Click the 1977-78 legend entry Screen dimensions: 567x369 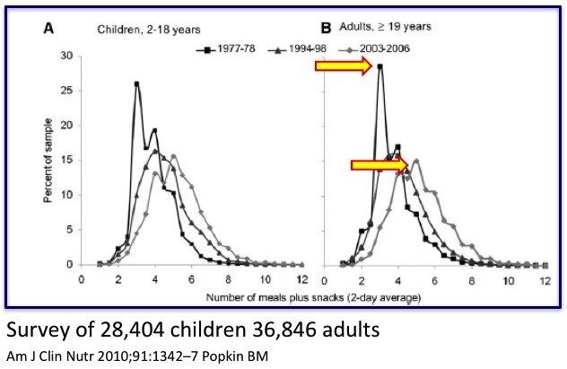pyautogui.click(x=226, y=48)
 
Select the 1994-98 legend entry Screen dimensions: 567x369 pyautogui.click(x=297, y=48)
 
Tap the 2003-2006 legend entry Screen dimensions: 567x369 pyautogui.click(x=374, y=48)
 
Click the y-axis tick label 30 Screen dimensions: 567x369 pyautogui.click(x=67, y=56)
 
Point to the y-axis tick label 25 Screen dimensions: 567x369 pyautogui.click(x=67, y=91)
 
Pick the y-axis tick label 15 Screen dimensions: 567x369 pyautogui.click(x=67, y=161)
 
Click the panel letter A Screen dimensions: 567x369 pyautogui.click(x=48, y=28)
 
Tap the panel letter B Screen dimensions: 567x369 pyautogui.click(x=326, y=28)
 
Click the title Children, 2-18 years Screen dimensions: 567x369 pyautogui.click(x=149, y=30)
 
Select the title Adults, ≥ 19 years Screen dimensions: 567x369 pyautogui.click(x=385, y=27)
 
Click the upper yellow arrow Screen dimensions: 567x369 pyautogui.click(x=344, y=66)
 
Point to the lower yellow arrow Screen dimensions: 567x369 pyautogui.click(x=379, y=165)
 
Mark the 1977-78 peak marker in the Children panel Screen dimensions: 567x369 pyautogui.click(x=136, y=83)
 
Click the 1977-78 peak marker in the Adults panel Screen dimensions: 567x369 pyautogui.click(x=379, y=66)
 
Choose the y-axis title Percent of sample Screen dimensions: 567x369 pyautogui.click(x=48, y=161)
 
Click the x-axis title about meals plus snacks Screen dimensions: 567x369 pyautogui.click(x=313, y=298)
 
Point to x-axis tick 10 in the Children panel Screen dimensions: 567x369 pyautogui.click(x=266, y=279)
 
